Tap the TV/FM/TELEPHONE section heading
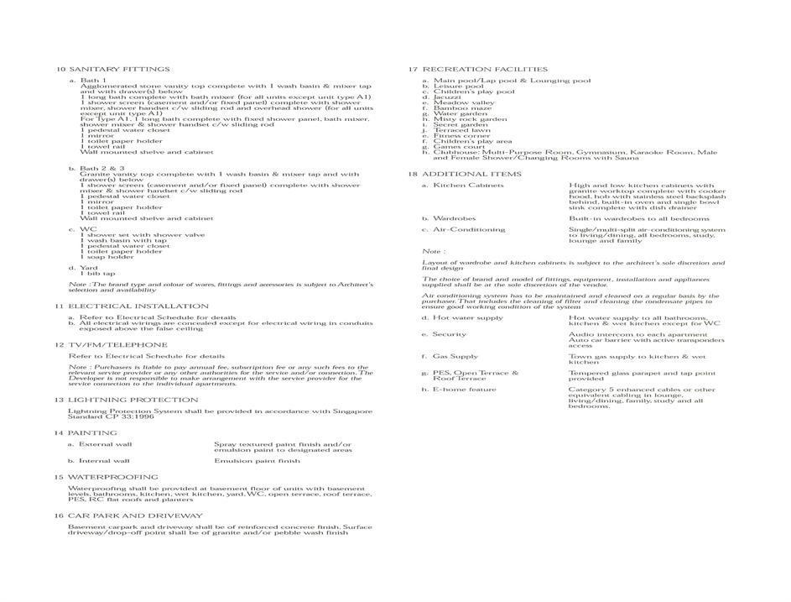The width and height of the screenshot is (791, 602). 117,345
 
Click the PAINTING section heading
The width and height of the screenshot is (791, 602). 92,432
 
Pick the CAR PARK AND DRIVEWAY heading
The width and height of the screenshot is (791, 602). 135,516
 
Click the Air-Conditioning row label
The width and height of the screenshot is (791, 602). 469,229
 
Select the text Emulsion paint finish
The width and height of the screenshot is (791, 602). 257,461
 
